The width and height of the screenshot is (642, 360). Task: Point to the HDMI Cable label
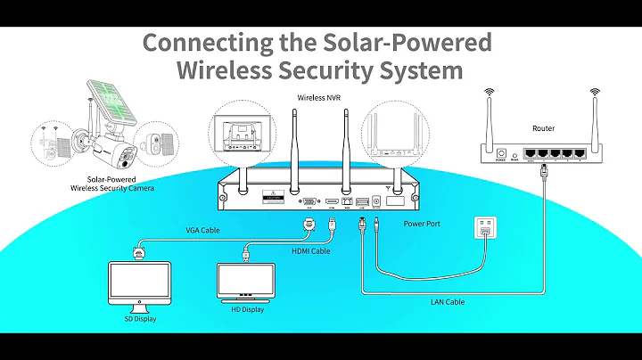[x=311, y=251]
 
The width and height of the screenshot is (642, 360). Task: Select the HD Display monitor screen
[x=245, y=278]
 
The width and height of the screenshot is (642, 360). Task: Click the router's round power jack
[x=501, y=152]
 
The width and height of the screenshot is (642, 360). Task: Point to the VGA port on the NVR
[x=309, y=201]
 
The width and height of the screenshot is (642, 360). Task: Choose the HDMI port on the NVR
[x=331, y=202]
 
